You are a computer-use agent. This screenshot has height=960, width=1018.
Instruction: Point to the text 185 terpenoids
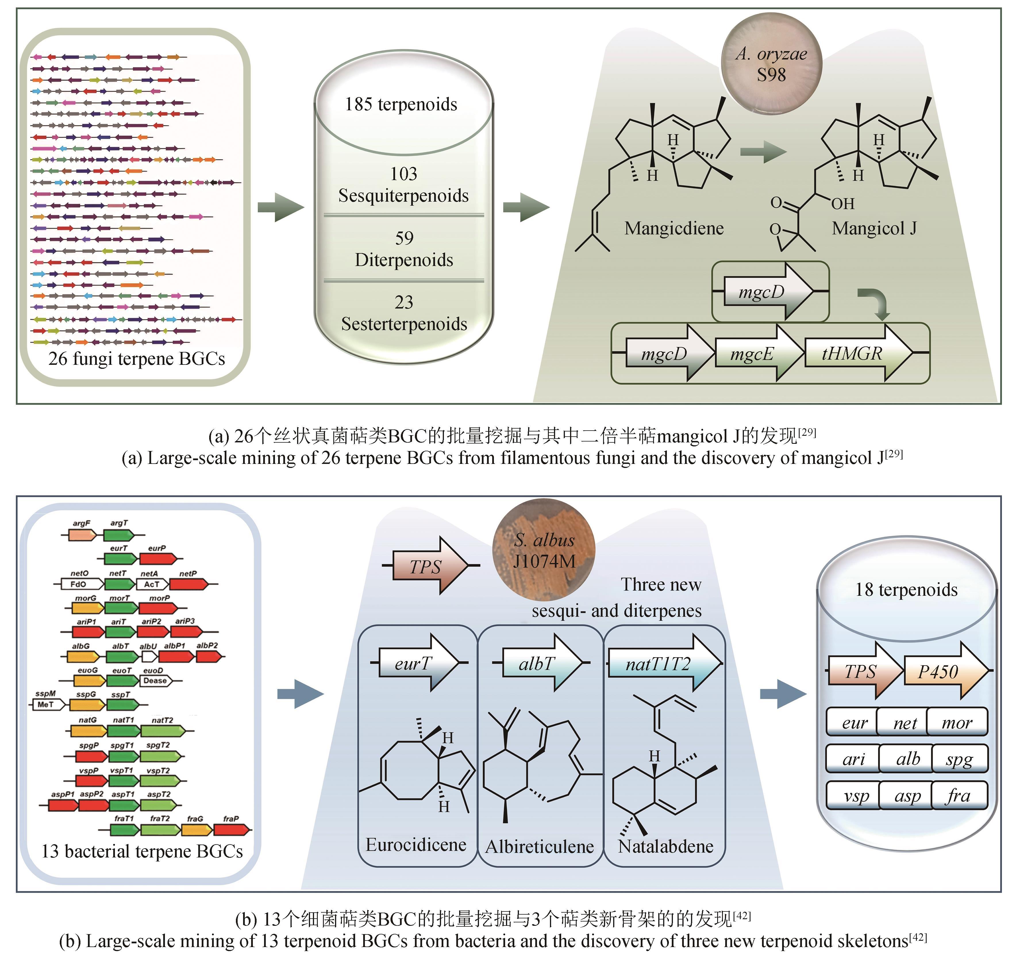[x=401, y=105]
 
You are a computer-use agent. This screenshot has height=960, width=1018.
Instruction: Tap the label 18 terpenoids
[x=906, y=590]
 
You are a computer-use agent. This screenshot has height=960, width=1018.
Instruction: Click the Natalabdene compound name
[x=666, y=847]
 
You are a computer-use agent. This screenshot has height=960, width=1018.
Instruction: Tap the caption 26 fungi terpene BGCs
[x=137, y=359]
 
